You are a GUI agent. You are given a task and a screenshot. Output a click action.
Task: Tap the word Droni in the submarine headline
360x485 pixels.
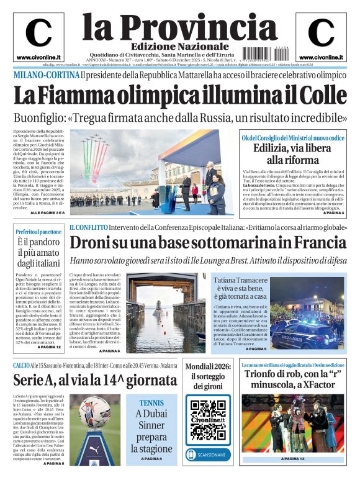92,243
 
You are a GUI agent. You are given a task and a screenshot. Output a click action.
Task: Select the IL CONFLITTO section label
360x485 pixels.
88,228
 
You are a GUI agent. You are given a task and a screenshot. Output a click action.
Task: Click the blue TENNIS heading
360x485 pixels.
151,402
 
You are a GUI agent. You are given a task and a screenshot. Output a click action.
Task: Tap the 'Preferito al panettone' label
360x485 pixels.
38,232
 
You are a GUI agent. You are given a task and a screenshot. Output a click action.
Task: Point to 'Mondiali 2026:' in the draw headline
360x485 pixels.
208,366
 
